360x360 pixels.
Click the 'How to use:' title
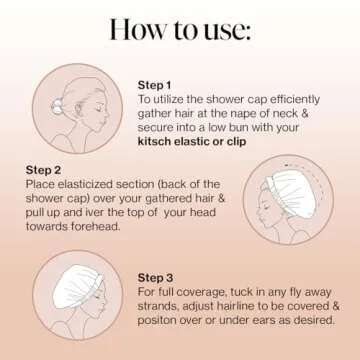pyautogui.click(x=180, y=30)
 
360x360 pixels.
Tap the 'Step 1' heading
pyautogui.click(x=154, y=85)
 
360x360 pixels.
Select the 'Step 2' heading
pyautogui.click(x=43, y=170)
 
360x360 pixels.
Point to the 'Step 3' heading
pyautogui.click(x=155, y=278)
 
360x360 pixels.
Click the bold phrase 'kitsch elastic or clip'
pyautogui.click(x=192, y=141)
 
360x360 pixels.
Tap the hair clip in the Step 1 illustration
pyautogui.click(x=56, y=106)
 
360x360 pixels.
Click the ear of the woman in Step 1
pyautogui.click(x=79, y=109)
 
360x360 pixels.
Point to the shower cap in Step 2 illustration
pyautogui.click(x=292, y=193)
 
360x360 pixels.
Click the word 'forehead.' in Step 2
pyautogui.click(x=96, y=227)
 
